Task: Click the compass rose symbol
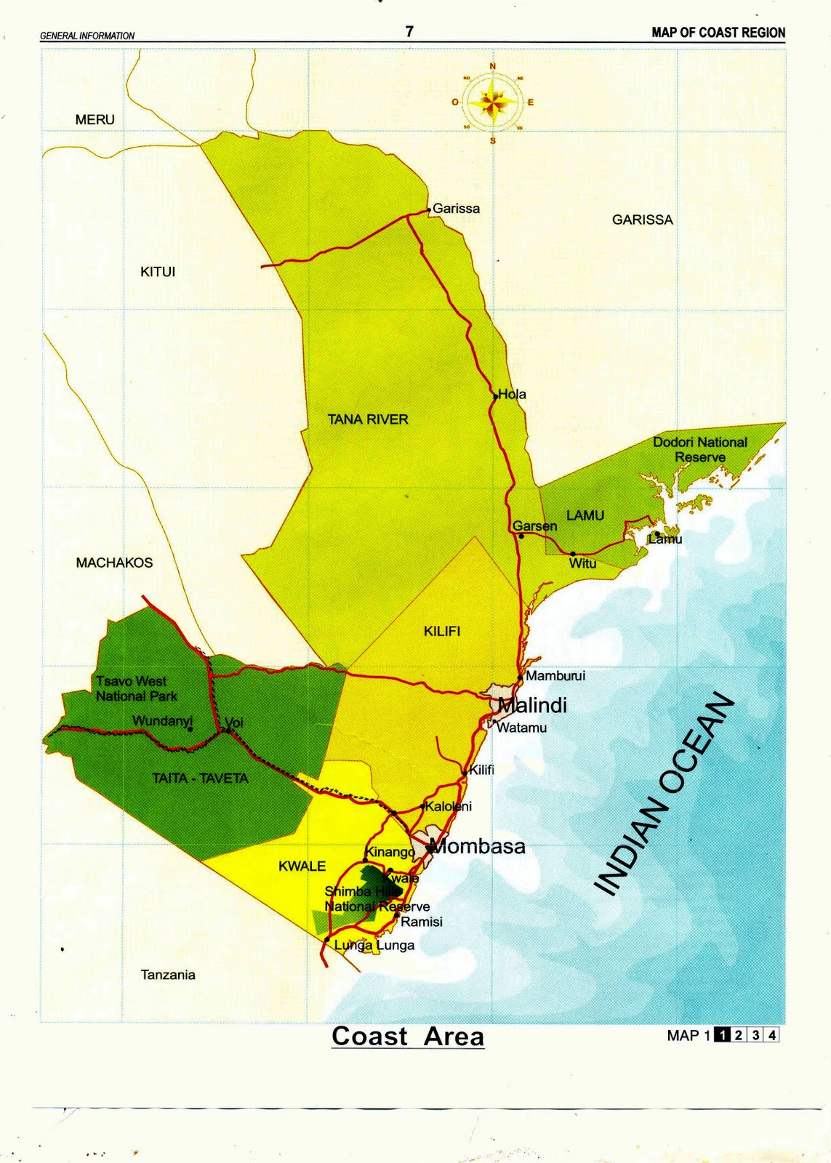[493, 102]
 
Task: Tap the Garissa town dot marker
[429, 210]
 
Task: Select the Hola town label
[512, 394]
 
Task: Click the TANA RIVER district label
[368, 419]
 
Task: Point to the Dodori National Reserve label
[699, 449]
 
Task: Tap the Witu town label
[582, 563]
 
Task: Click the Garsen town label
[534, 526]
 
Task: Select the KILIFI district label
[442, 631]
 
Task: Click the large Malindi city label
[532, 705]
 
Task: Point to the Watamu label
[521, 728]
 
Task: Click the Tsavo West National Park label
[136, 688]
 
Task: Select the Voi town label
[234, 723]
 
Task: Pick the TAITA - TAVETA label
[200, 778]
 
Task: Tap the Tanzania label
[168, 975]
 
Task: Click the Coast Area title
[408, 1036]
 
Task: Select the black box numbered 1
[722, 1035]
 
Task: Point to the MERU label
[95, 119]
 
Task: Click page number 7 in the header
[409, 31]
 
